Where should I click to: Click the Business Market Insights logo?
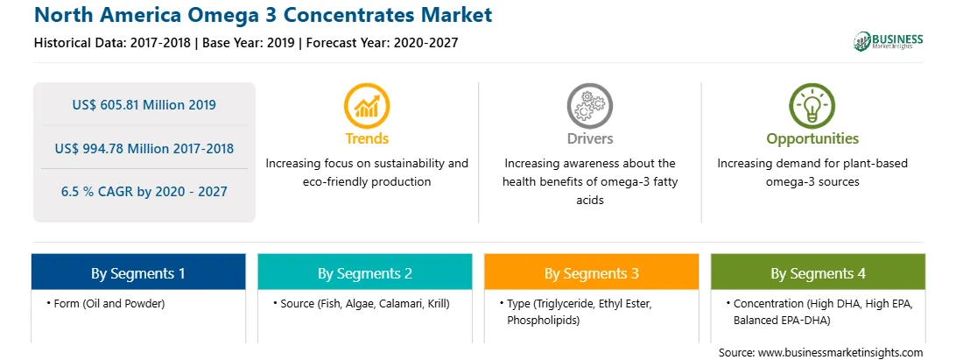(x=888, y=41)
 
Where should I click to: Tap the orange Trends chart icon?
(x=367, y=106)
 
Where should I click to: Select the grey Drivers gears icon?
(x=589, y=106)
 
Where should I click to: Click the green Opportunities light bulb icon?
(x=812, y=106)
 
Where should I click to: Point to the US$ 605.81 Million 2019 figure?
(x=144, y=105)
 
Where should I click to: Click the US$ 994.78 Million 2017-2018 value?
(x=144, y=148)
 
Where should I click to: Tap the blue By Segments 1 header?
(x=138, y=272)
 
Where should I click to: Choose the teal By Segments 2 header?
(x=364, y=272)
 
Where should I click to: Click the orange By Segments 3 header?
(x=592, y=272)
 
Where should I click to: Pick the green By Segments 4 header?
(x=819, y=272)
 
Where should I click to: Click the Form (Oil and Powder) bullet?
(x=105, y=303)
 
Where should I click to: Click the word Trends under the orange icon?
(x=367, y=138)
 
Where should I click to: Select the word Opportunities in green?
(x=812, y=138)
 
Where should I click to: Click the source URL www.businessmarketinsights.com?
(x=840, y=353)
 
